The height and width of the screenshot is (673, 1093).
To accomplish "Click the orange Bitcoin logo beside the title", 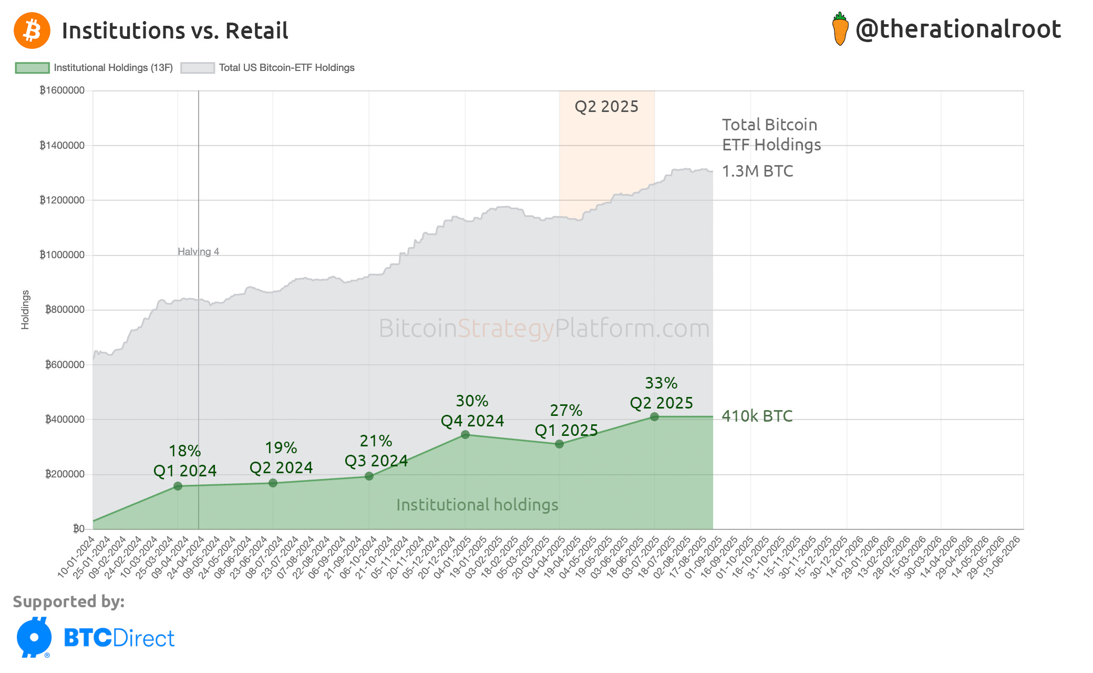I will click(32, 30).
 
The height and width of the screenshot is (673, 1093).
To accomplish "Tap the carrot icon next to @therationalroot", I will click(840, 29).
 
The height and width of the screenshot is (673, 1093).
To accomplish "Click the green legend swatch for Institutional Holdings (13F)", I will click(32, 68).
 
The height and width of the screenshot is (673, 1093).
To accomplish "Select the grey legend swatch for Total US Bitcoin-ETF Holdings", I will click(197, 68).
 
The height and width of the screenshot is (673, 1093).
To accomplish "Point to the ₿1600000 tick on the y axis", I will click(62, 90).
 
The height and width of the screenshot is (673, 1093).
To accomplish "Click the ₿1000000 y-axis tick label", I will click(62, 255).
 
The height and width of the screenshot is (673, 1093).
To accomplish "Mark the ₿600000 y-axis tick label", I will click(65, 364).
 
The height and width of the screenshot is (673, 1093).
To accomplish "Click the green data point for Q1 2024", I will click(178, 486).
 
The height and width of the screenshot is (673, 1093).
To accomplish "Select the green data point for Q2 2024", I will click(273, 483).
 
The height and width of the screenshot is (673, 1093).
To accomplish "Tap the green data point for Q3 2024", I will click(369, 476).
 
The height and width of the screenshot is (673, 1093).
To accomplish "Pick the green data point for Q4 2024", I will click(465, 434).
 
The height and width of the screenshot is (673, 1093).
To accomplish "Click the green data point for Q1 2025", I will click(559, 444).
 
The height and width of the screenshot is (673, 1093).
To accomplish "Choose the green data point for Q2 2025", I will click(654, 416).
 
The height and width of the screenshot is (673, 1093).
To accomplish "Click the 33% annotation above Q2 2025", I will click(661, 383).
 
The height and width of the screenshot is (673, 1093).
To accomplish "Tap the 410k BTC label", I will click(757, 416).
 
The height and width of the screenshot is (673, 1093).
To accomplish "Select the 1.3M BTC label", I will click(757, 171).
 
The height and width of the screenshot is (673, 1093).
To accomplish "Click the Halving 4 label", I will click(198, 251).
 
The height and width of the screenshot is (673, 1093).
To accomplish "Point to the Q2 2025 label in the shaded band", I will click(606, 106).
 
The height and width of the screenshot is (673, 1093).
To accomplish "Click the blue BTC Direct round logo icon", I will click(34, 637).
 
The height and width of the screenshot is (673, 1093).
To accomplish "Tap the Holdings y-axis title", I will click(25, 310).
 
